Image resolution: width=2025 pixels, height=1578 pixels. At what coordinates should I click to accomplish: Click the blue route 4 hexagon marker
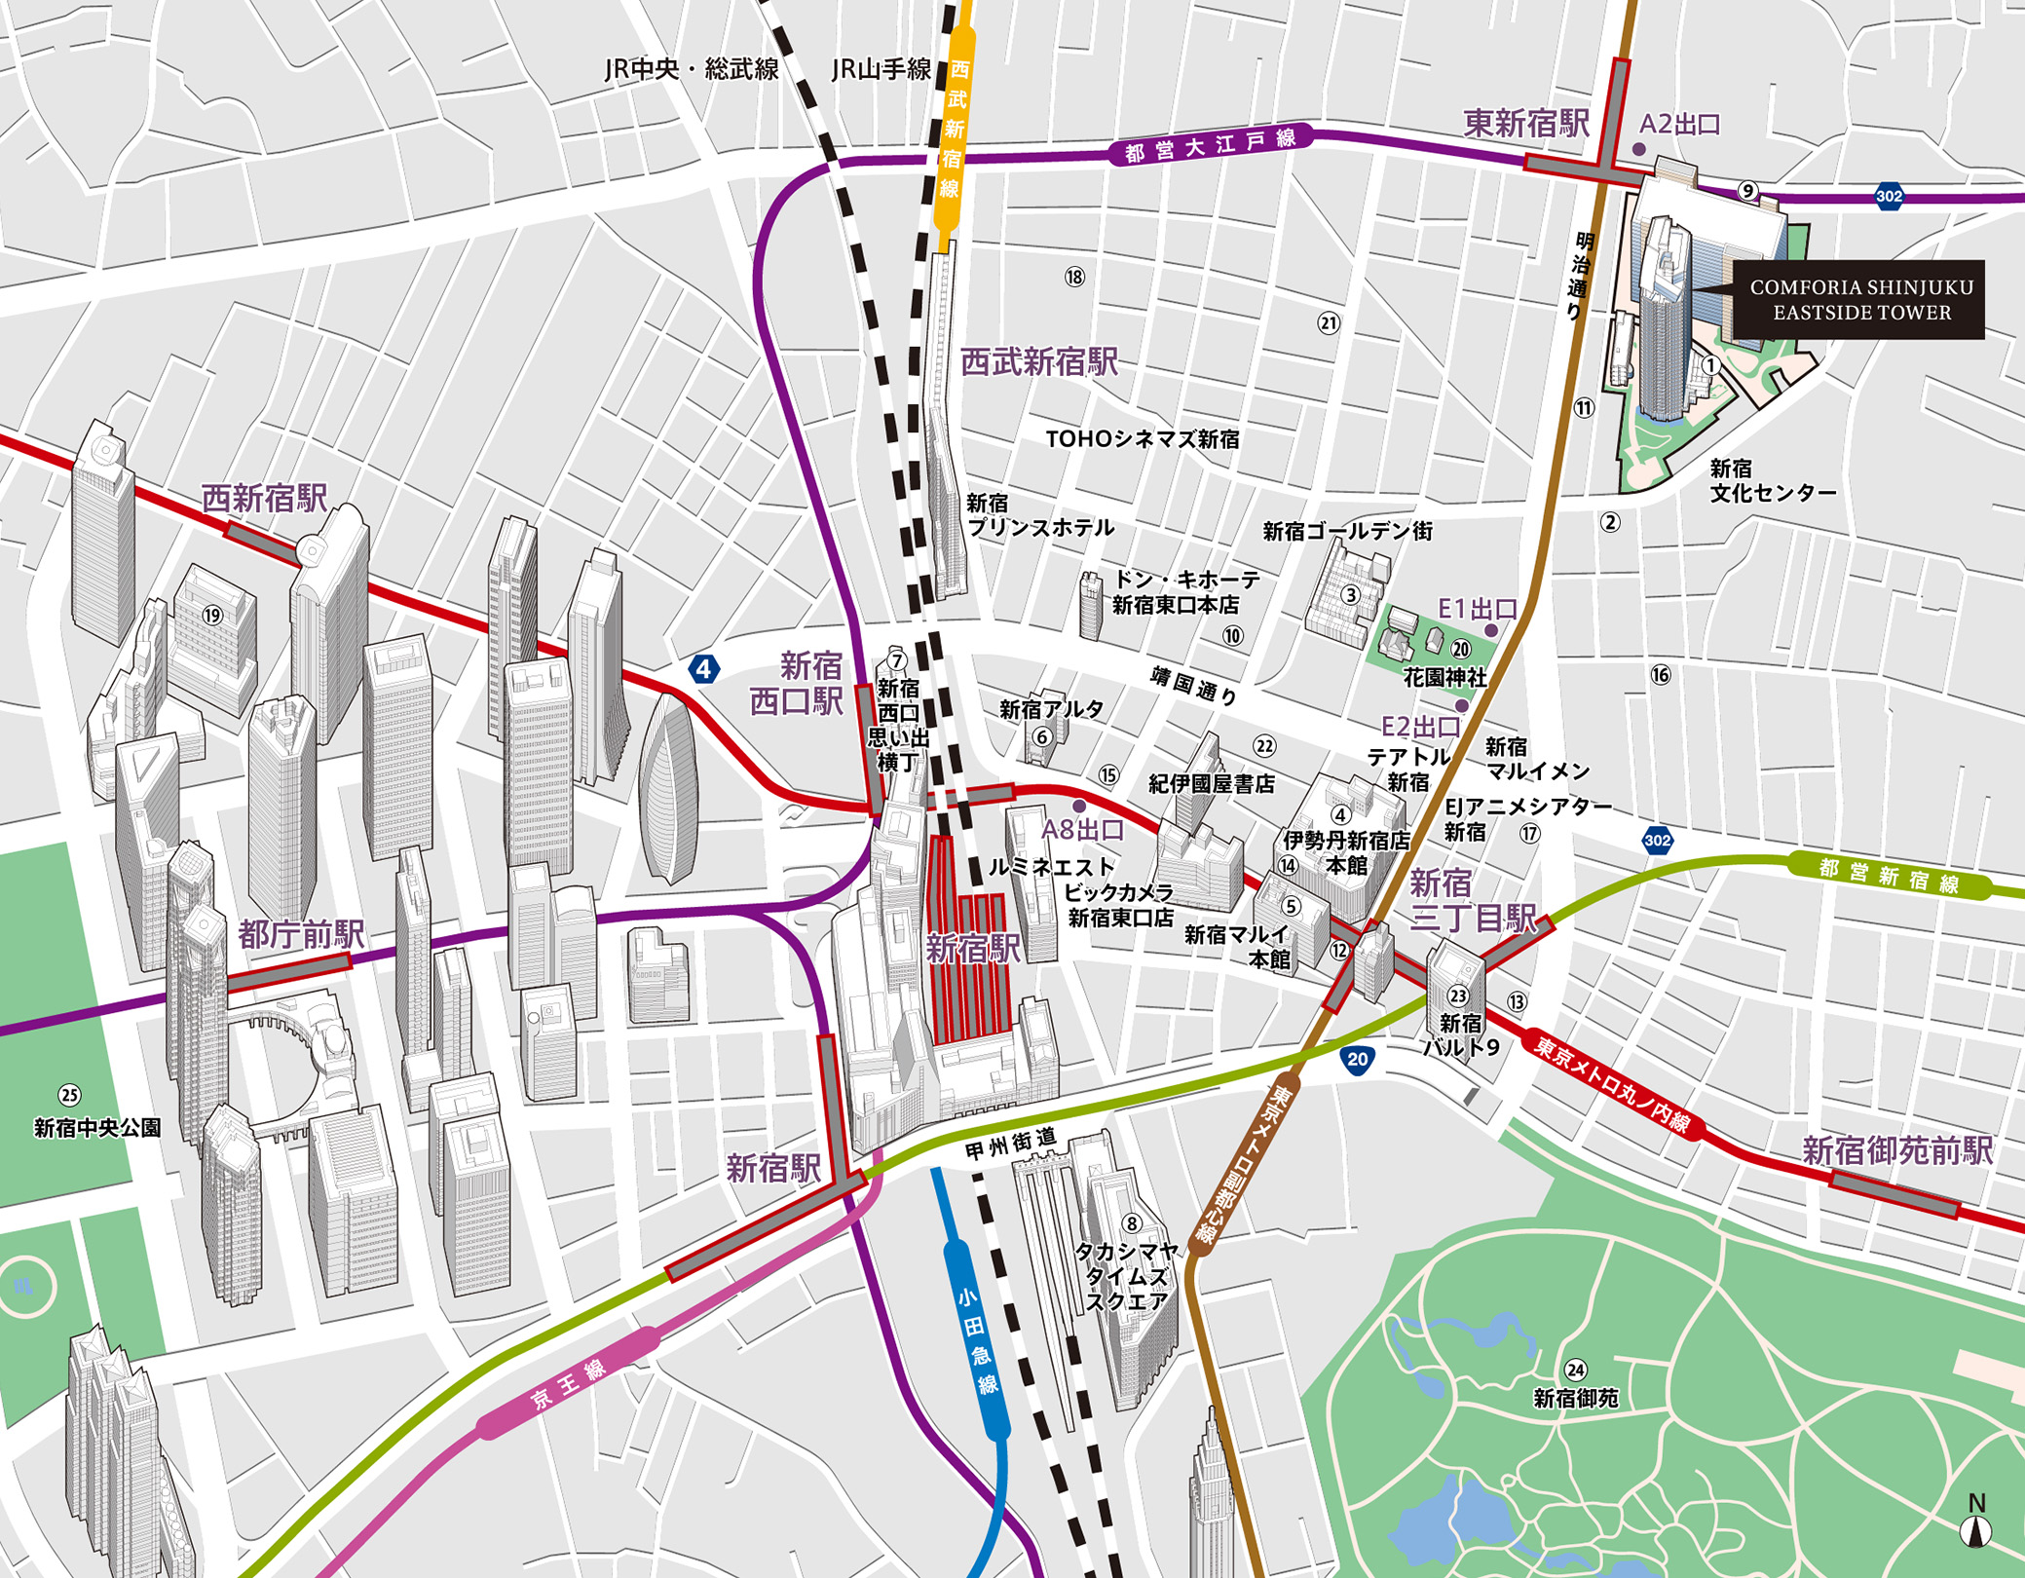coord(703,669)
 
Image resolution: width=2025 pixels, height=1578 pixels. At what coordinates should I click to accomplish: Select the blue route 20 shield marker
coord(1357,1060)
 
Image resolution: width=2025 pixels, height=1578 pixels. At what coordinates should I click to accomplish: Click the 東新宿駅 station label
coord(1525,124)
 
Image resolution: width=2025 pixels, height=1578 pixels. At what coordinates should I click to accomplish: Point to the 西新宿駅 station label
coord(264,498)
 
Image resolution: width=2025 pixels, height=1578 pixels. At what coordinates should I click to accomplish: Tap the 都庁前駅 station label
coord(301,934)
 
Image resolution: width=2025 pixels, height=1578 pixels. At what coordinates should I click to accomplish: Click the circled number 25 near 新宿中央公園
coord(69,1095)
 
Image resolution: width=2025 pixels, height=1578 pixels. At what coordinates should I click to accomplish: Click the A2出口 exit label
coord(1680,124)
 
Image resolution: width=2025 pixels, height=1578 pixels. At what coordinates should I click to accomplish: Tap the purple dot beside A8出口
coord(1079,807)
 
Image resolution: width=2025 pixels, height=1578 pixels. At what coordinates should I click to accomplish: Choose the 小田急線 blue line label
coord(977,1339)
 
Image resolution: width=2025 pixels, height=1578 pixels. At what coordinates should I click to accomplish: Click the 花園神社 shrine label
coord(1444,677)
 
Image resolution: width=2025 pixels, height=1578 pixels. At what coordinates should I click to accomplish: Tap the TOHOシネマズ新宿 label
coord(1143,439)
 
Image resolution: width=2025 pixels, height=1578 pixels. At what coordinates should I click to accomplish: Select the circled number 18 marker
coord(1074,278)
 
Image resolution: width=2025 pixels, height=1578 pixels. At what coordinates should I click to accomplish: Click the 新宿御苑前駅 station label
coord(1896,1150)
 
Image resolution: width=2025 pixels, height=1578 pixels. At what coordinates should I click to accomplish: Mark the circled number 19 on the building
coord(212,616)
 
